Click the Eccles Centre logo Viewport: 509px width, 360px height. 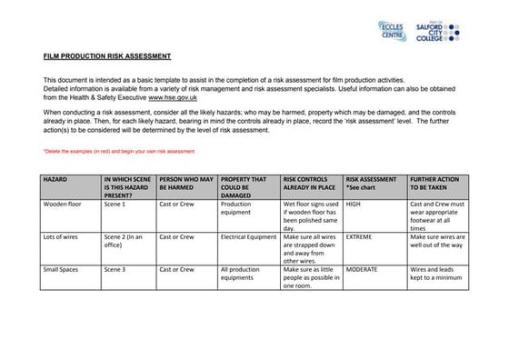coord(392,29)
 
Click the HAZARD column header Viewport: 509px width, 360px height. coord(55,180)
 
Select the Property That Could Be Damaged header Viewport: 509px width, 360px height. coord(244,187)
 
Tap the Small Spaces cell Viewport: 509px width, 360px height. coord(62,270)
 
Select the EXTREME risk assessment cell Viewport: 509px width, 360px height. coord(359,237)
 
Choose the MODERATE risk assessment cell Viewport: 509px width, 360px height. coord(362,270)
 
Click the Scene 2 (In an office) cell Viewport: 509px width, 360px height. coord(124,241)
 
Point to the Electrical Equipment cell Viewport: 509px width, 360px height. coord(248,237)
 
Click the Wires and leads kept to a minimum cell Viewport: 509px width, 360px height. coord(437,274)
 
